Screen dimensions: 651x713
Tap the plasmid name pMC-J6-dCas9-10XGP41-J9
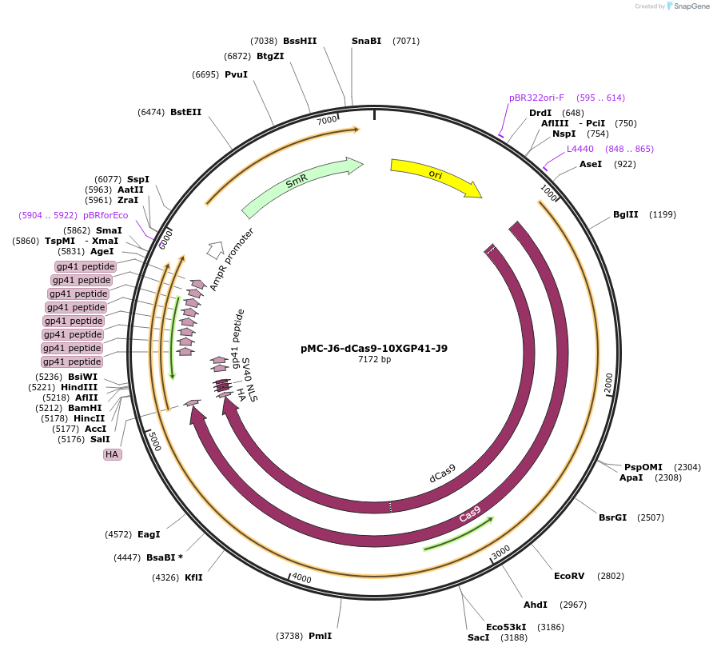pyautogui.click(x=374, y=348)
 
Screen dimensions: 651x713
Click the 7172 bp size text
pyautogui.click(x=374, y=360)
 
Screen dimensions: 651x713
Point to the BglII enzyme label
pyautogui.click(x=626, y=214)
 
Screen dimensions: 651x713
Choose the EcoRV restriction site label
pyautogui.click(x=569, y=576)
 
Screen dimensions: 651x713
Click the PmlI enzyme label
pyautogui.click(x=320, y=636)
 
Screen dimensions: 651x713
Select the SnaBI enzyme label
pyautogui.click(x=367, y=41)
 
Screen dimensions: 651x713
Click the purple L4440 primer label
pyautogui.click(x=580, y=149)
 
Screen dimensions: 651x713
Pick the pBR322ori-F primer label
pyautogui.click(x=536, y=98)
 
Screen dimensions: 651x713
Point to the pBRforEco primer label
pyautogui.click(x=106, y=215)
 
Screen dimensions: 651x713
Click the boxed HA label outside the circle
pyautogui.click(x=112, y=454)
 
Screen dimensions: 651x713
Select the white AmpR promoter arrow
pyautogui.click(x=214, y=250)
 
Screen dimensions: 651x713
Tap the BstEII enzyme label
pyautogui.click(x=186, y=113)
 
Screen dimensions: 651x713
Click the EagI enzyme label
pyautogui.click(x=149, y=534)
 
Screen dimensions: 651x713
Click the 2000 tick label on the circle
pyautogui.click(x=608, y=383)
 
